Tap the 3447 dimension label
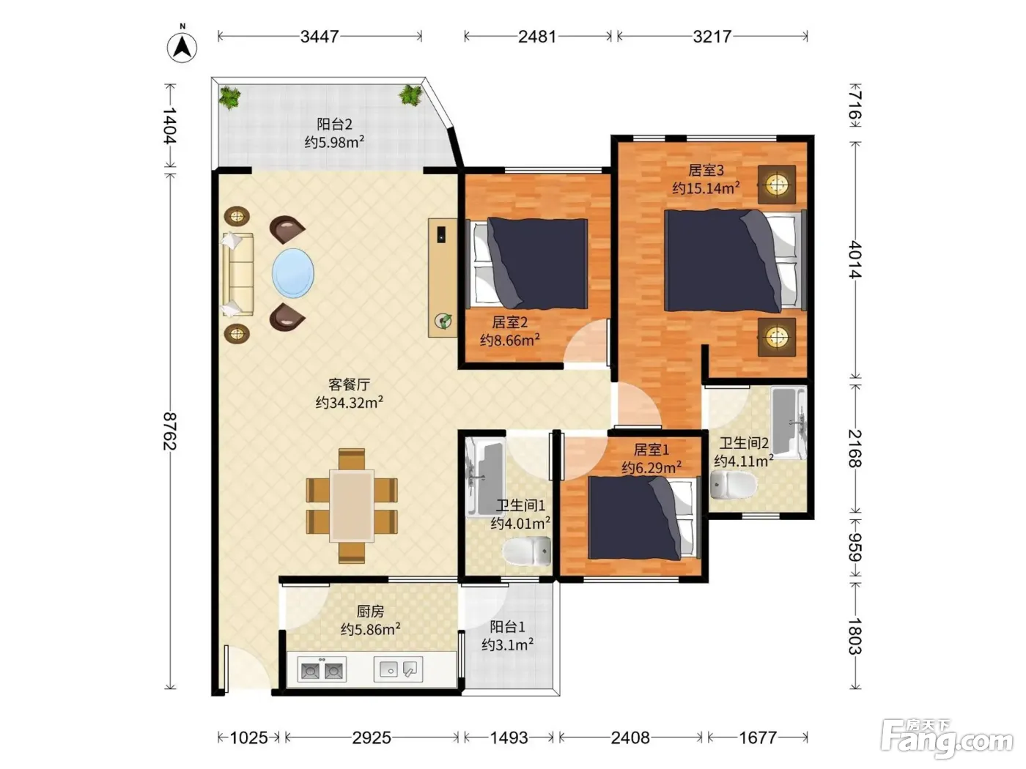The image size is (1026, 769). (x=320, y=37)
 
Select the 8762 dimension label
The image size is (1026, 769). (x=170, y=431)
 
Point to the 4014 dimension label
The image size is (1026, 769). (x=855, y=259)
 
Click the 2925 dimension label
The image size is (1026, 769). (x=372, y=738)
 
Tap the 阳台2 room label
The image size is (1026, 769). (x=334, y=125)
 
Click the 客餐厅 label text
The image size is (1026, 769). (x=349, y=384)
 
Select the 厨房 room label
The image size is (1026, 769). (x=370, y=612)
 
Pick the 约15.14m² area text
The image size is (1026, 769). (x=706, y=188)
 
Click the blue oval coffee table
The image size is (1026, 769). (x=293, y=273)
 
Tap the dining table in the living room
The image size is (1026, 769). (x=352, y=506)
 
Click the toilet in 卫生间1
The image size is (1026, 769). (x=527, y=551)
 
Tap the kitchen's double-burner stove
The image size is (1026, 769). (x=322, y=669)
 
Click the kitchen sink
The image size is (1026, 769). (x=398, y=669)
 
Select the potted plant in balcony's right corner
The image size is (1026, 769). (x=410, y=95)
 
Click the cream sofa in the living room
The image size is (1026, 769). (x=238, y=274)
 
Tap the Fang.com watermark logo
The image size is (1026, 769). (x=947, y=739)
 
